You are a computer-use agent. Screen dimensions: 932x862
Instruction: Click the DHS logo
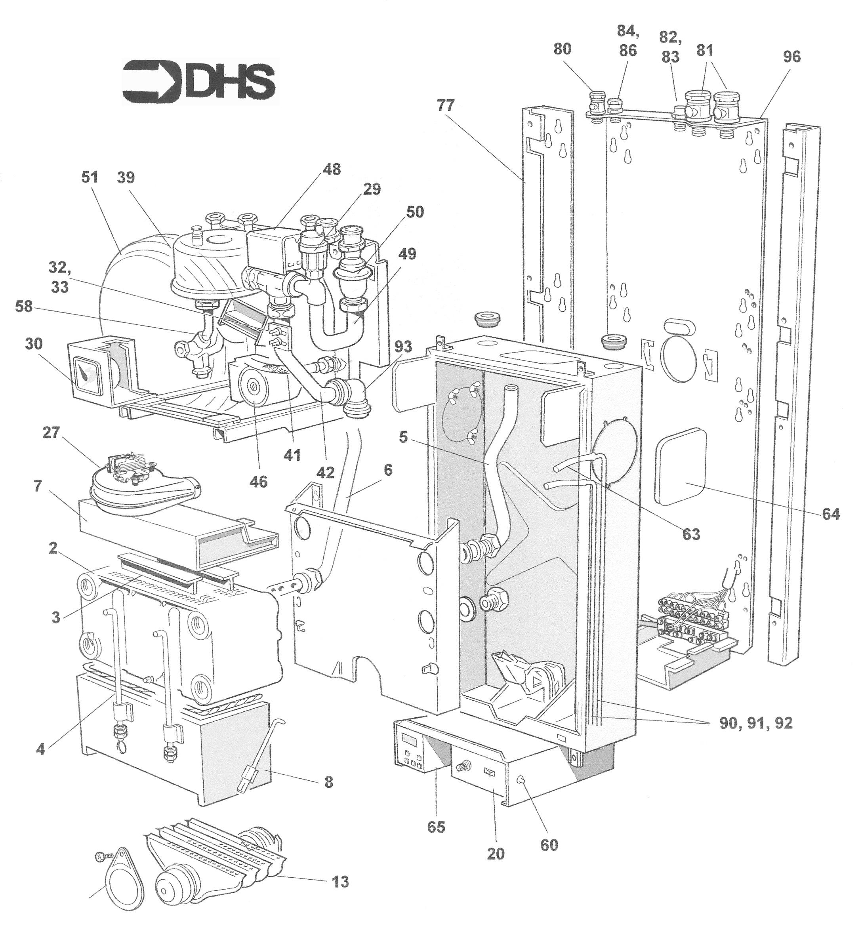(199, 81)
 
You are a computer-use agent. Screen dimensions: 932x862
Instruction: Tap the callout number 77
(446, 106)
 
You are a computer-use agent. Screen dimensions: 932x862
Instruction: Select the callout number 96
(791, 57)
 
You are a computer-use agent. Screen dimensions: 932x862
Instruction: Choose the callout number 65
(436, 827)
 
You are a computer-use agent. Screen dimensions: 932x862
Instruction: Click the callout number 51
(90, 177)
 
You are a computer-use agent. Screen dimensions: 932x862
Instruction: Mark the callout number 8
(329, 782)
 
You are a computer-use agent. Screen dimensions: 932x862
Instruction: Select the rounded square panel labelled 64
(681, 467)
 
